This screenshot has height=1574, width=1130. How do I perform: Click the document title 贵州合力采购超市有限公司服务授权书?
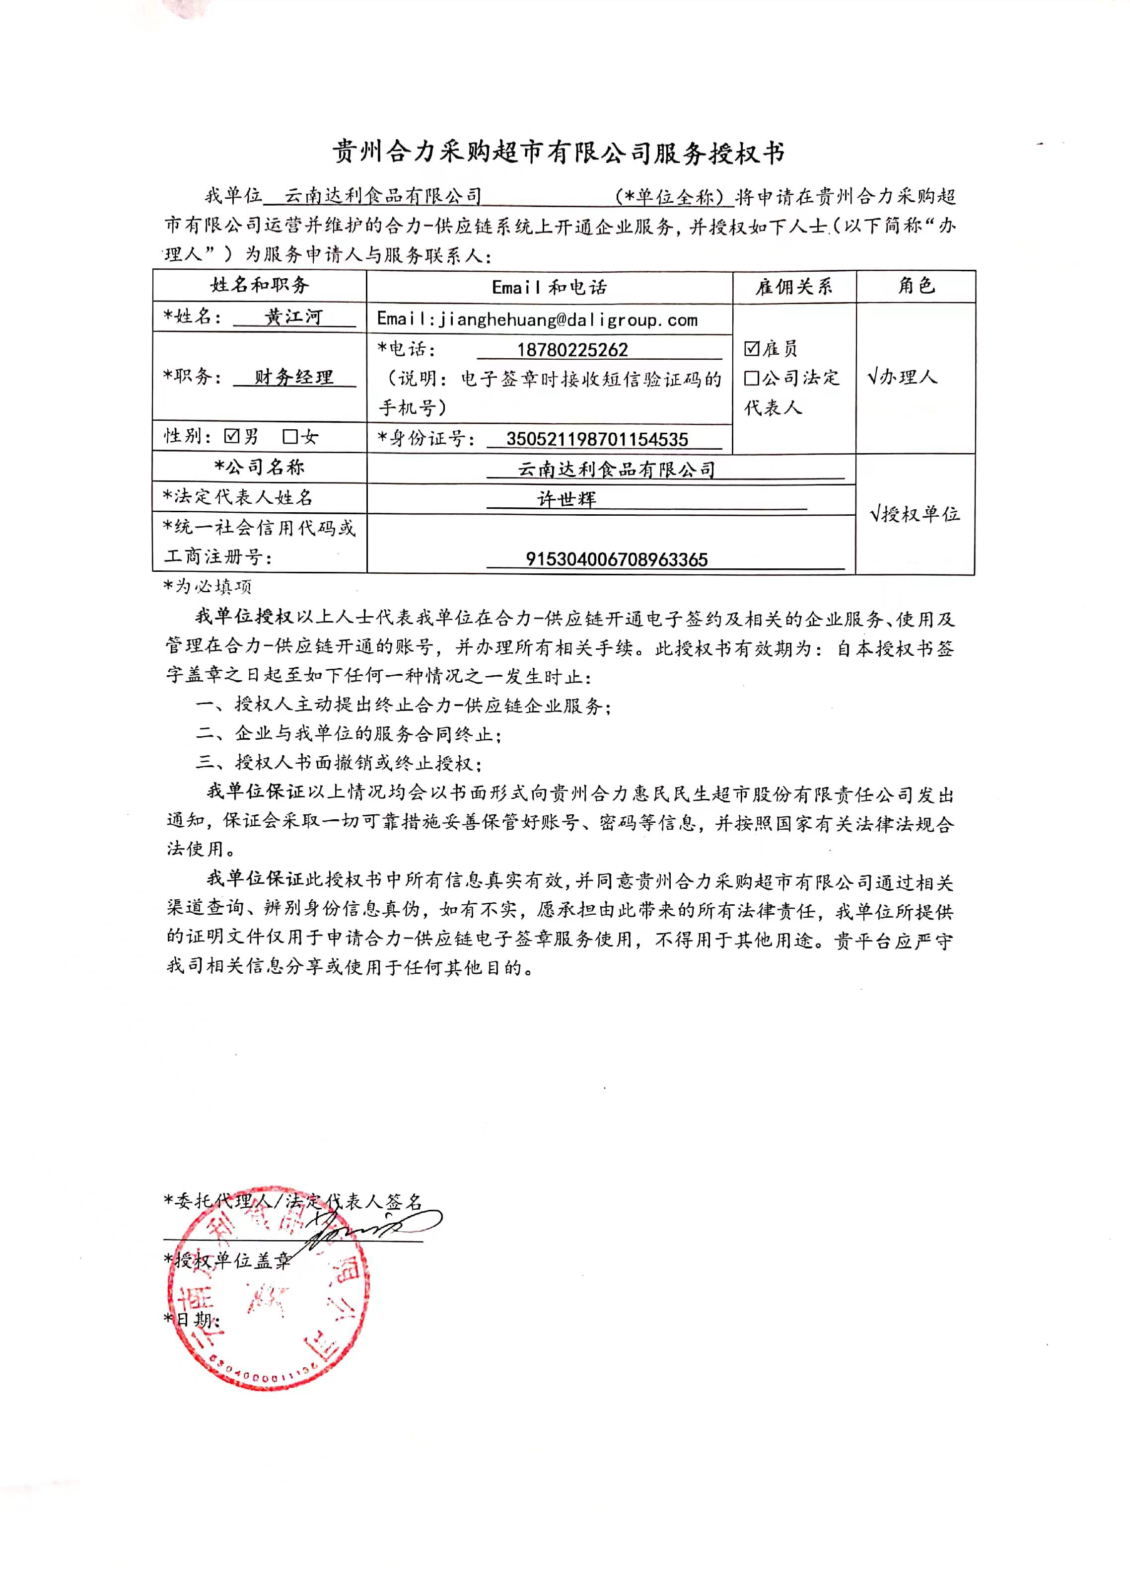559,152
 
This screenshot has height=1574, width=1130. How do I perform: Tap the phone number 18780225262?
572,349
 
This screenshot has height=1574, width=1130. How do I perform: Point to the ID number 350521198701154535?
597,439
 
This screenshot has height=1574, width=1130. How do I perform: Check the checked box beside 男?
232,436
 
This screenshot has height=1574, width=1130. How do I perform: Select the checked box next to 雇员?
751,348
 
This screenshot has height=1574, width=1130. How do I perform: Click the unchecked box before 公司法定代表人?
751,378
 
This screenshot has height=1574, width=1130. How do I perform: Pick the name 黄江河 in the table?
293,317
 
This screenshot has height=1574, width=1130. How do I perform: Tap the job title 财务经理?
293,377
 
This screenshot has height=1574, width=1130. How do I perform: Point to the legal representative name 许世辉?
566,498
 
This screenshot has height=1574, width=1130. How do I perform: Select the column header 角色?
916,285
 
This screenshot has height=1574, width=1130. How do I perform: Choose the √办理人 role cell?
902,377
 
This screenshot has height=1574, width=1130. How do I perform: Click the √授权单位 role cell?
914,514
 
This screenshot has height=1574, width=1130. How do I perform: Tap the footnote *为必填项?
207,586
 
